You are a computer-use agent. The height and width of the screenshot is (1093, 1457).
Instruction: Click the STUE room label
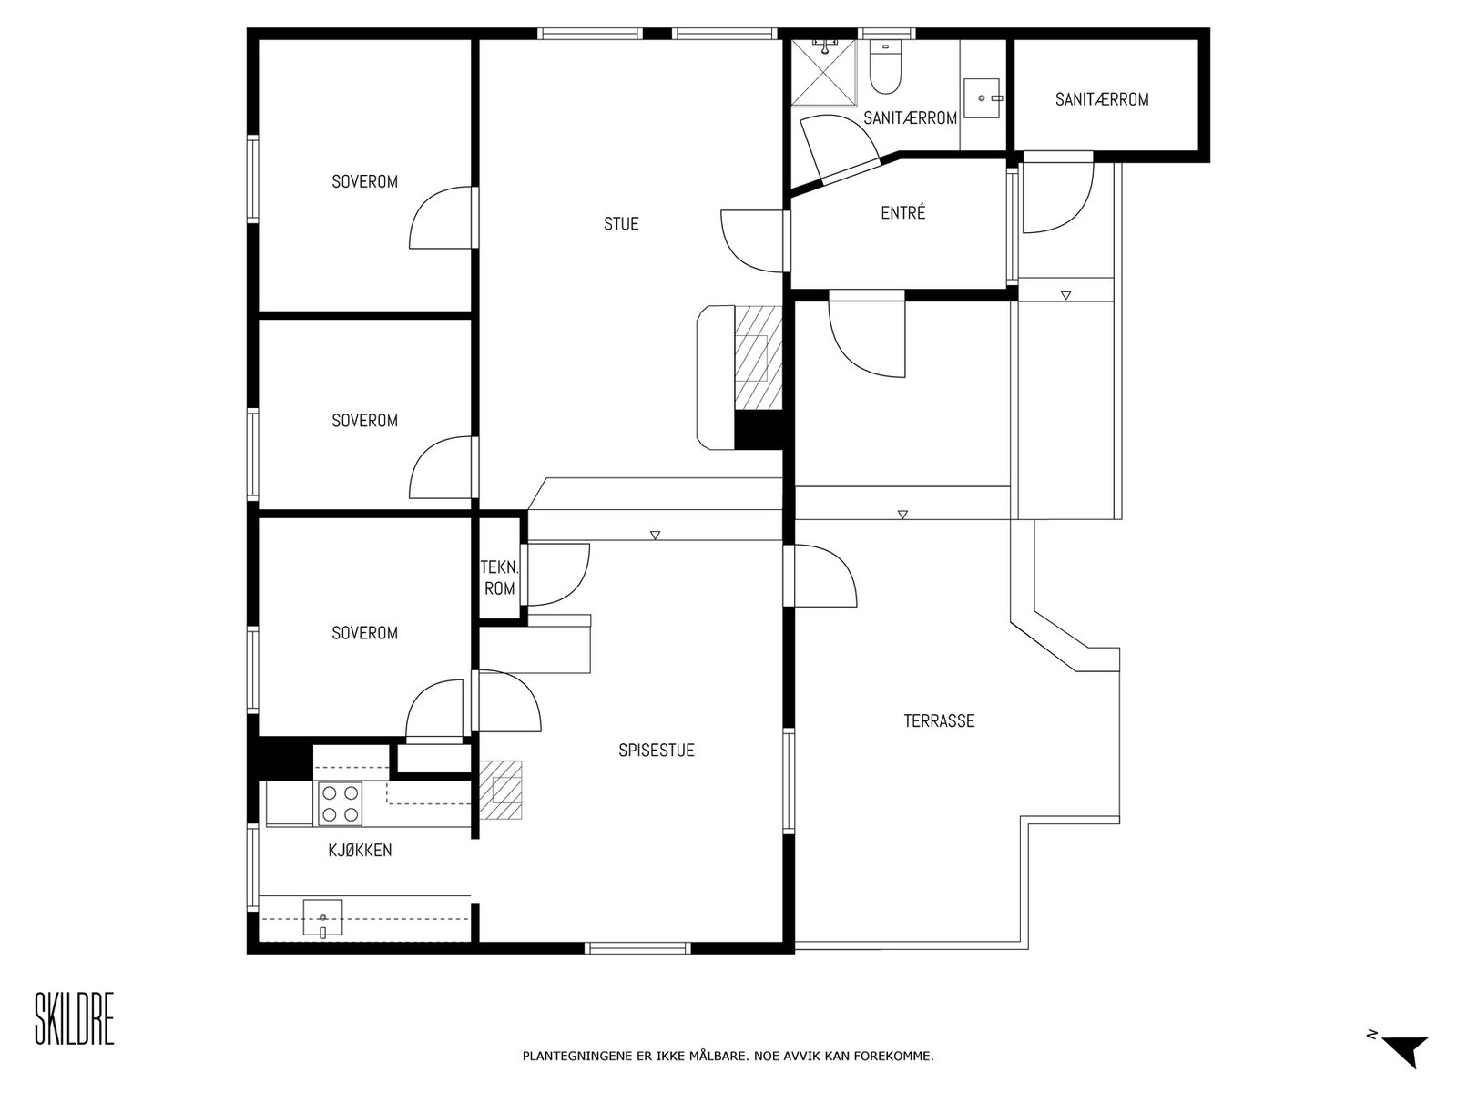pos(621,224)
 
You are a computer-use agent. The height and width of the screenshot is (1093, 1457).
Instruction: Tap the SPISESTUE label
pos(656,750)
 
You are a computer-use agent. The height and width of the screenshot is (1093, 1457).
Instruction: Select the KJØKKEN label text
pos(360,850)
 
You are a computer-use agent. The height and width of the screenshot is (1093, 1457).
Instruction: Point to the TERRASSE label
pos(939,720)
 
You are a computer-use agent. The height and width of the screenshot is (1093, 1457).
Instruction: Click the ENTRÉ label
pos(902,212)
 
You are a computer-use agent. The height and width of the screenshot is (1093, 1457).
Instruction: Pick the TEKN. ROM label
pos(500,577)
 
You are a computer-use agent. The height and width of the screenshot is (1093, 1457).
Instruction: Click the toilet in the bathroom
pos(884,67)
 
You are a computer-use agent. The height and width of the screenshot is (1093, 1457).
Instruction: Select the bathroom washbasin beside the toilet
pos(982,98)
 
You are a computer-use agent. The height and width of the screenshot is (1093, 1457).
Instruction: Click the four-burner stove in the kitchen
pos(340,803)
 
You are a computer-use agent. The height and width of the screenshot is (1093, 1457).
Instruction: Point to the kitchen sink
pos(322,917)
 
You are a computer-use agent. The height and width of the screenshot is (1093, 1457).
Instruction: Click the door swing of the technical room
pos(557,575)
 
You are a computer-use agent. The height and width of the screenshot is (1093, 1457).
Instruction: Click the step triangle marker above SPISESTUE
pos(655,536)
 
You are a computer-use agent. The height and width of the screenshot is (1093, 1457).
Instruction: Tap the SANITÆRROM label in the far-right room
pos(1102,99)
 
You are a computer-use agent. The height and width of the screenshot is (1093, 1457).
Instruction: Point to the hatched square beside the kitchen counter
pos(501,790)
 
